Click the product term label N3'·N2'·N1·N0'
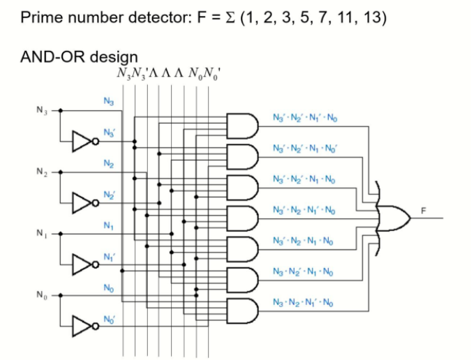304,148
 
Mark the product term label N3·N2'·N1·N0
304,270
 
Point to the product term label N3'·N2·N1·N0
304,240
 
